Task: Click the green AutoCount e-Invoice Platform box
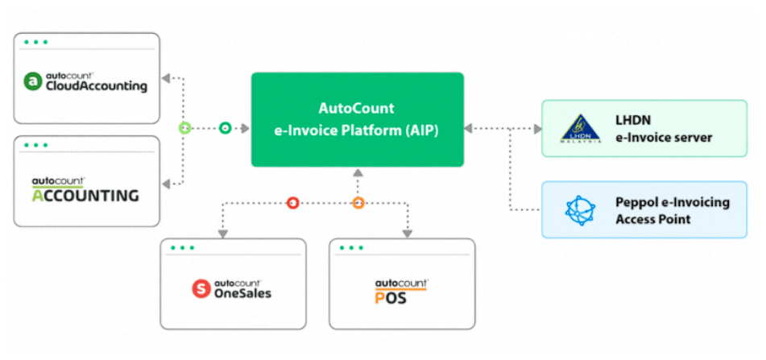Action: coord(357,119)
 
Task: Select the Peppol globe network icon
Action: coord(578,209)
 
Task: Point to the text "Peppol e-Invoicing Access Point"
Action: coord(673,209)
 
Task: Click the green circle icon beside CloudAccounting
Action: coord(33,81)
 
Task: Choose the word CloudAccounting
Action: coord(97,86)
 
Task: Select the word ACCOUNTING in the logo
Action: coord(85,196)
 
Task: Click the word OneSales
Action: coord(244,293)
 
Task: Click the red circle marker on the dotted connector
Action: coord(292,203)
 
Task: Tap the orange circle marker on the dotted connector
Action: coord(358,203)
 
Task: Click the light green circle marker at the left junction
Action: coord(184,128)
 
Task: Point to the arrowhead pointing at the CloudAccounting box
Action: coord(166,78)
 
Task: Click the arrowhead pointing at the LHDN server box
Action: coord(536,128)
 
